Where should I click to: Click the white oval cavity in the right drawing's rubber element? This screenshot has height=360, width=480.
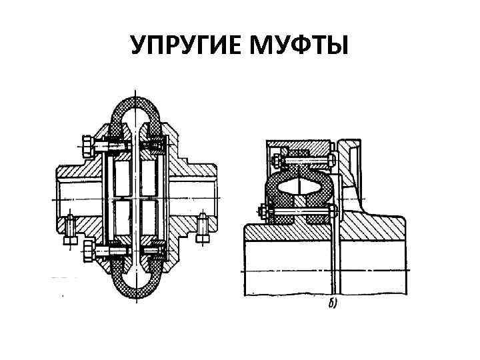pos(298,187)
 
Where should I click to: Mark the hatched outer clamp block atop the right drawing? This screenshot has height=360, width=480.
pos(300,147)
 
